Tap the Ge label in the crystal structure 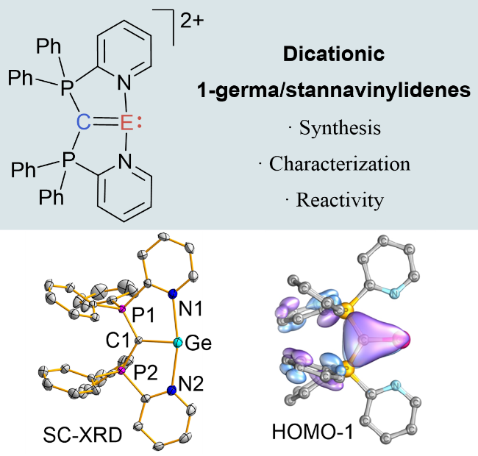(x=199, y=343)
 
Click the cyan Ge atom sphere (x=176, y=343)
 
